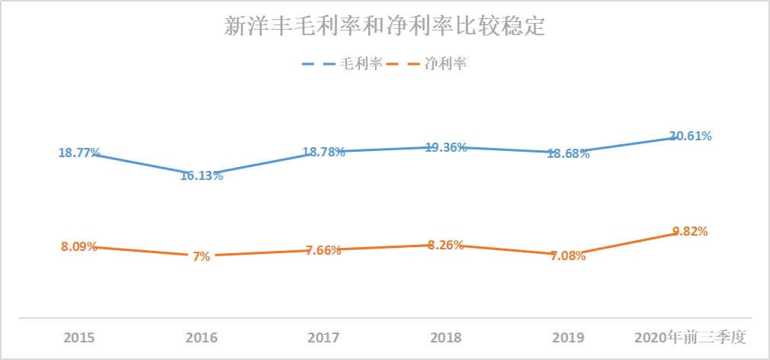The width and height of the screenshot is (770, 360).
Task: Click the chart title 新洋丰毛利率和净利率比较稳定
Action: [x=384, y=27]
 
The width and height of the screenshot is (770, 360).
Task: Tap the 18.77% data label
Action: [x=79, y=153]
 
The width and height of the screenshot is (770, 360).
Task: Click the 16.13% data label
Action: [x=201, y=175]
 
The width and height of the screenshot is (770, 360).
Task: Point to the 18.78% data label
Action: [x=324, y=152]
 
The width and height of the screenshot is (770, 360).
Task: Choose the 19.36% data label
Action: [x=446, y=147]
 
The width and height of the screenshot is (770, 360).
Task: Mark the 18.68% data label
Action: [x=568, y=153]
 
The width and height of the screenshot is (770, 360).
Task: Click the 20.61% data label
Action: [x=690, y=136]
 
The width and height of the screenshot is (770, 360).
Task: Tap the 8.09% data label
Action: [x=79, y=246]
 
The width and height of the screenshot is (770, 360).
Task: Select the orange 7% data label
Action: [x=201, y=256]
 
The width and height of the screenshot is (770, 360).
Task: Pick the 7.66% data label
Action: [x=324, y=251]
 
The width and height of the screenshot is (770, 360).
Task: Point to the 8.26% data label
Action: [x=446, y=245]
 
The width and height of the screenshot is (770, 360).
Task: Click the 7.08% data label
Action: [x=568, y=256]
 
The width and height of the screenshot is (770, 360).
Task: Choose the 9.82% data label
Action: [x=690, y=231]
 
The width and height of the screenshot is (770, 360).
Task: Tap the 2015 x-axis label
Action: [x=79, y=337]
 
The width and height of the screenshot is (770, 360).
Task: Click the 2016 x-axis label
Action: [x=201, y=337]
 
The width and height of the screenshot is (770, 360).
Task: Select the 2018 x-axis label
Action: [x=446, y=337]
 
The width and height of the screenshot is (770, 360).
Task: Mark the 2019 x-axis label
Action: [x=568, y=337]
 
